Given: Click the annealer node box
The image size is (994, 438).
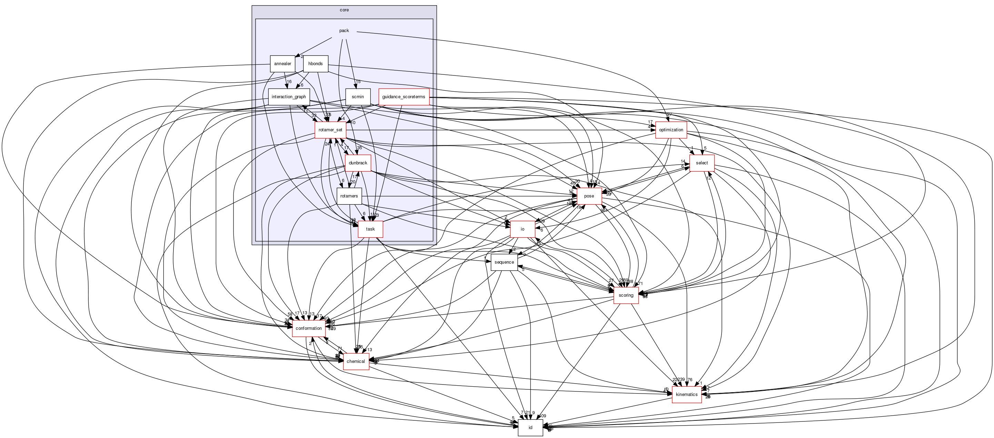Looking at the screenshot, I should pyautogui.click(x=282, y=64).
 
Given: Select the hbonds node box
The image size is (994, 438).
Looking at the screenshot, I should pyautogui.click(x=315, y=64).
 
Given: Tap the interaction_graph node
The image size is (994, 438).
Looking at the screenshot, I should pyautogui.click(x=289, y=97).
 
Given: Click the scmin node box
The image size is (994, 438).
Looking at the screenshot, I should pyautogui.click(x=358, y=97).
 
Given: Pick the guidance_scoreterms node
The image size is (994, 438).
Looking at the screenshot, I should pyautogui.click(x=404, y=97).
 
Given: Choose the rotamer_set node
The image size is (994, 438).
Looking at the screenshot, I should pyautogui.click(x=330, y=130).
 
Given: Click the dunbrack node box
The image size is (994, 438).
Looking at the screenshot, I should pyautogui.click(x=358, y=163).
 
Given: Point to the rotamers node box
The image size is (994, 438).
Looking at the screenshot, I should pyautogui.click(x=349, y=196).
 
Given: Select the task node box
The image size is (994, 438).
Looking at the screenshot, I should pyautogui.click(x=370, y=229).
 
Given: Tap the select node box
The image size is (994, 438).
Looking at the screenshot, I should pyautogui.click(x=702, y=163).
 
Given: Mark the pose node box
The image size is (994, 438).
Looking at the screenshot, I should pyautogui.click(x=589, y=196).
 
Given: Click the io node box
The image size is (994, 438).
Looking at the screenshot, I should pyautogui.click(x=523, y=229).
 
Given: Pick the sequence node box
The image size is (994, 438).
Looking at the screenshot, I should pyautogui.click(x=504, y=262).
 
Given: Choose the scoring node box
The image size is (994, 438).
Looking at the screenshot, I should pyautogui.click(x=626, y=295).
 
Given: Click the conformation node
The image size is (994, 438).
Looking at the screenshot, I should pyautogui.click(x=308, y=328).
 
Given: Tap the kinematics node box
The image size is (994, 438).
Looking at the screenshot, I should pyautogui.click(x=686, y=395).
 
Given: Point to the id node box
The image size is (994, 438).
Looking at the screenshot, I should pyautogui.click(x=530, y=428).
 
